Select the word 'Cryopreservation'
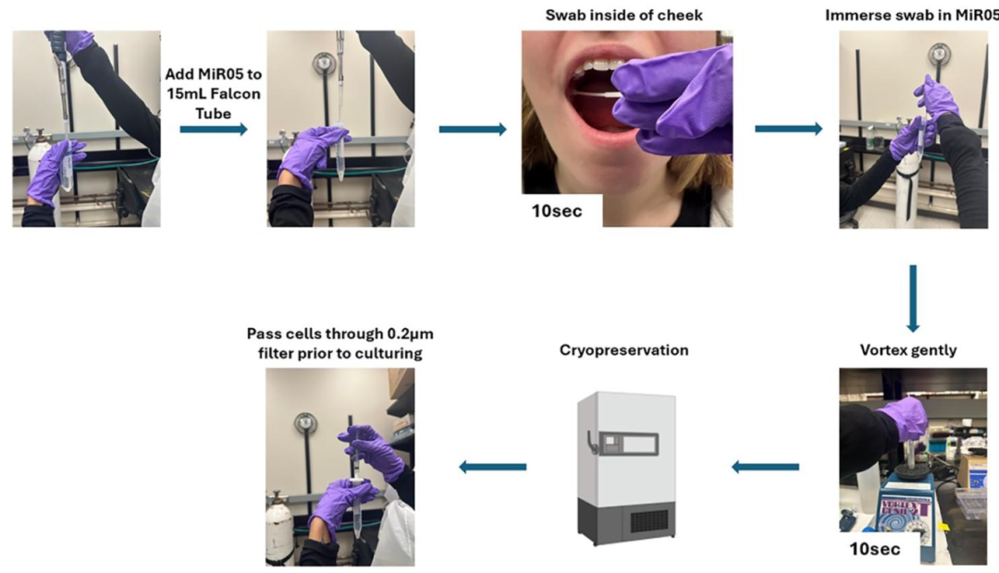(624, 350)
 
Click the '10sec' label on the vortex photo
(875, 551)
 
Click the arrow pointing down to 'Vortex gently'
(913, 298)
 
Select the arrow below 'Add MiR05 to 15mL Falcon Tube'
(214, 129)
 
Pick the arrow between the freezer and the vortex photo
(765, 467)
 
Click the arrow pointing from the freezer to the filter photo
(493, 467)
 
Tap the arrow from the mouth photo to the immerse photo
(788, 128)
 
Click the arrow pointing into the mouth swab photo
(473, 129)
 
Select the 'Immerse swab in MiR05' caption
(911, 16)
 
